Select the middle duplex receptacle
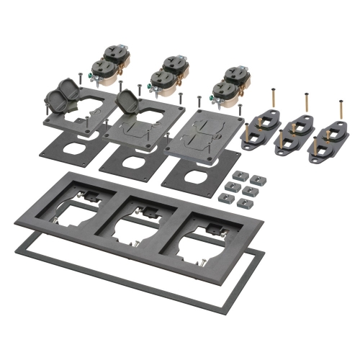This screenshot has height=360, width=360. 167,74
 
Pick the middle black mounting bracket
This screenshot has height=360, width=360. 294,135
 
